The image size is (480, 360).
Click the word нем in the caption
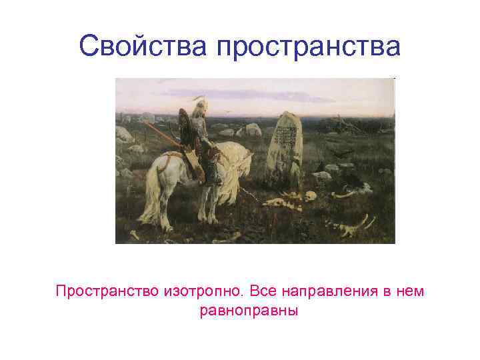[x=411, y=291]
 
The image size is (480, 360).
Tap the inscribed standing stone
[x=284, y=148]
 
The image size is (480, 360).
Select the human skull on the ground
[x=310, y=197]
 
